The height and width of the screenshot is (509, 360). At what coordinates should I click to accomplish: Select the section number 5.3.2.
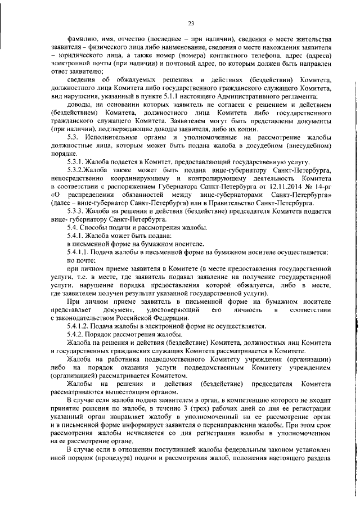click(76, 170)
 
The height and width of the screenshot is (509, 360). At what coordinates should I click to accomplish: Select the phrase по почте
click(81, 260)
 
